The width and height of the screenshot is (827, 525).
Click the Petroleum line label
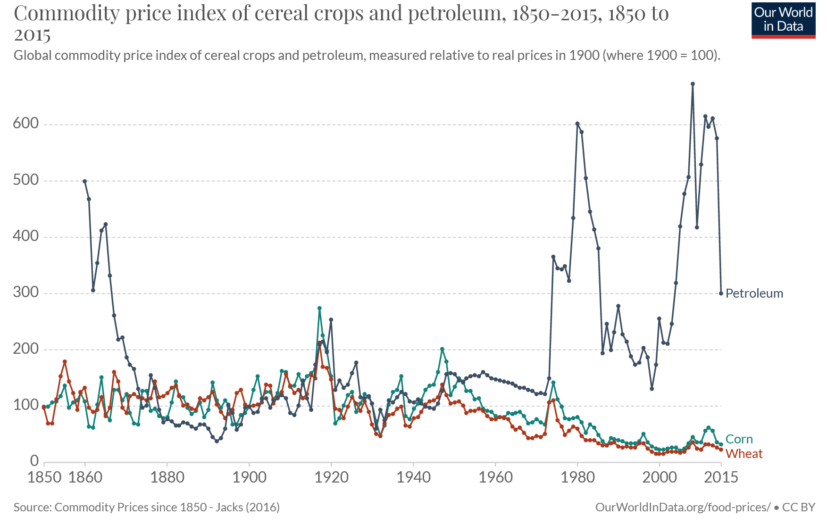[x=754, y=293]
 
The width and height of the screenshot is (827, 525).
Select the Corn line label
[x=739, y=439]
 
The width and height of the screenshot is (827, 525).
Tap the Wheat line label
[x=744, y=454]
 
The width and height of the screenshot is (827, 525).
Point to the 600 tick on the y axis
[x=25, y=124]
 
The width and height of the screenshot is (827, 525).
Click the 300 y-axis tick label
[x=25, y=292]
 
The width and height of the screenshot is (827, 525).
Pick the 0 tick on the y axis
[x=34, y=461]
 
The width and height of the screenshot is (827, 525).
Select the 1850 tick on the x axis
[x=44, y=477]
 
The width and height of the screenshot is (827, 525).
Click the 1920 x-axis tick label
[x=331, y=477]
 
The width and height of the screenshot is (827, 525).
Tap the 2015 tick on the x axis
[x=721, y=477]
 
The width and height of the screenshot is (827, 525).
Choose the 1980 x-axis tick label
[x=577, y=477]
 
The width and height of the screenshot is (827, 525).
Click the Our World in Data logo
[x=783, y=20]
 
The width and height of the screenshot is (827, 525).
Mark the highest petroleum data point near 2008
[x=693, y=84]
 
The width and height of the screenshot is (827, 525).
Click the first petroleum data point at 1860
[x=85, y=181]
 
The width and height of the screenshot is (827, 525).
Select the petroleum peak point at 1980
[x=577, y=124]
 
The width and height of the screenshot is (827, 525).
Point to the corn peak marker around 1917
[x=319, y=308]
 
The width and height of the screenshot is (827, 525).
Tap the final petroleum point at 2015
[x=721, y=293]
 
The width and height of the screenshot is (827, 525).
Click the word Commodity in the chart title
[x=66, y=14]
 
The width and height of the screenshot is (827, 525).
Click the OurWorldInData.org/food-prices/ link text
[x=683, y=508]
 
